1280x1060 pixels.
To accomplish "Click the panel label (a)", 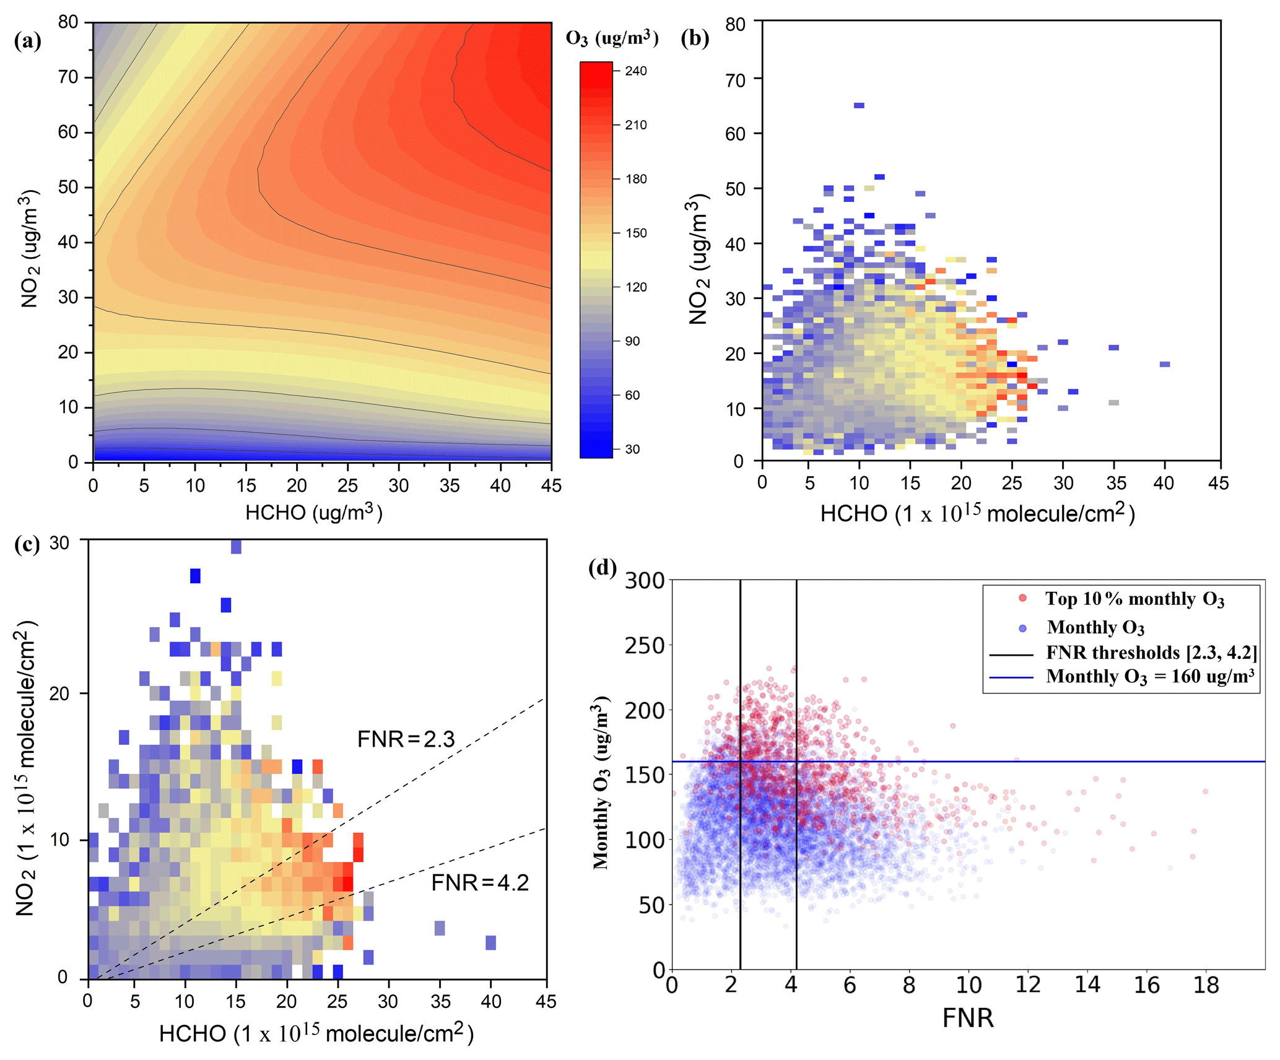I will pos(27,41).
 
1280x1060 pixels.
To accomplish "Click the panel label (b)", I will pos(694,38).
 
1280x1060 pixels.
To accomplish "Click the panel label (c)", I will pos(27,544).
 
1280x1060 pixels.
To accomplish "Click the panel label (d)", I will pos(602,567).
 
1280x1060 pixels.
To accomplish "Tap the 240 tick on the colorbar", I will pos(635,71).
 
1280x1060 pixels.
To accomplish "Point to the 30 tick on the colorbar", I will pos(632,449).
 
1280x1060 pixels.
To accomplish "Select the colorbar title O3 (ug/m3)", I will pos(612,38).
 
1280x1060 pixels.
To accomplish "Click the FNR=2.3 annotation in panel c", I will pos(406,739).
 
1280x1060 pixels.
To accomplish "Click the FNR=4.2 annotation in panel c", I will pos(480,882).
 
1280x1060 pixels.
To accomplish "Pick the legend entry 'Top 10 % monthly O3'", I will pos(1134,599).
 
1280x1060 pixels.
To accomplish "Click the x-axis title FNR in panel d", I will pos(967,1018).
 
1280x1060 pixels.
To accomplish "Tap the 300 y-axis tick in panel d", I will pos(644,581).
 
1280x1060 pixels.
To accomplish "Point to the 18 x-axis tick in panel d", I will pos(1206,984).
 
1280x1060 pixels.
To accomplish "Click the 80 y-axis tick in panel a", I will pos(68,22).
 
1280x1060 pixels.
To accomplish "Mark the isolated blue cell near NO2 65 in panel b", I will pos(859,105).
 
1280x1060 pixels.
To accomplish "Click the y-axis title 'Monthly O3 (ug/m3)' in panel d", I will pos(601,783).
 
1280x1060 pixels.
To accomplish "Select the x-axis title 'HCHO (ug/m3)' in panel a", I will pos(313,512).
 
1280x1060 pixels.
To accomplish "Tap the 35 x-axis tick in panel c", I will pos(440,1001).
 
